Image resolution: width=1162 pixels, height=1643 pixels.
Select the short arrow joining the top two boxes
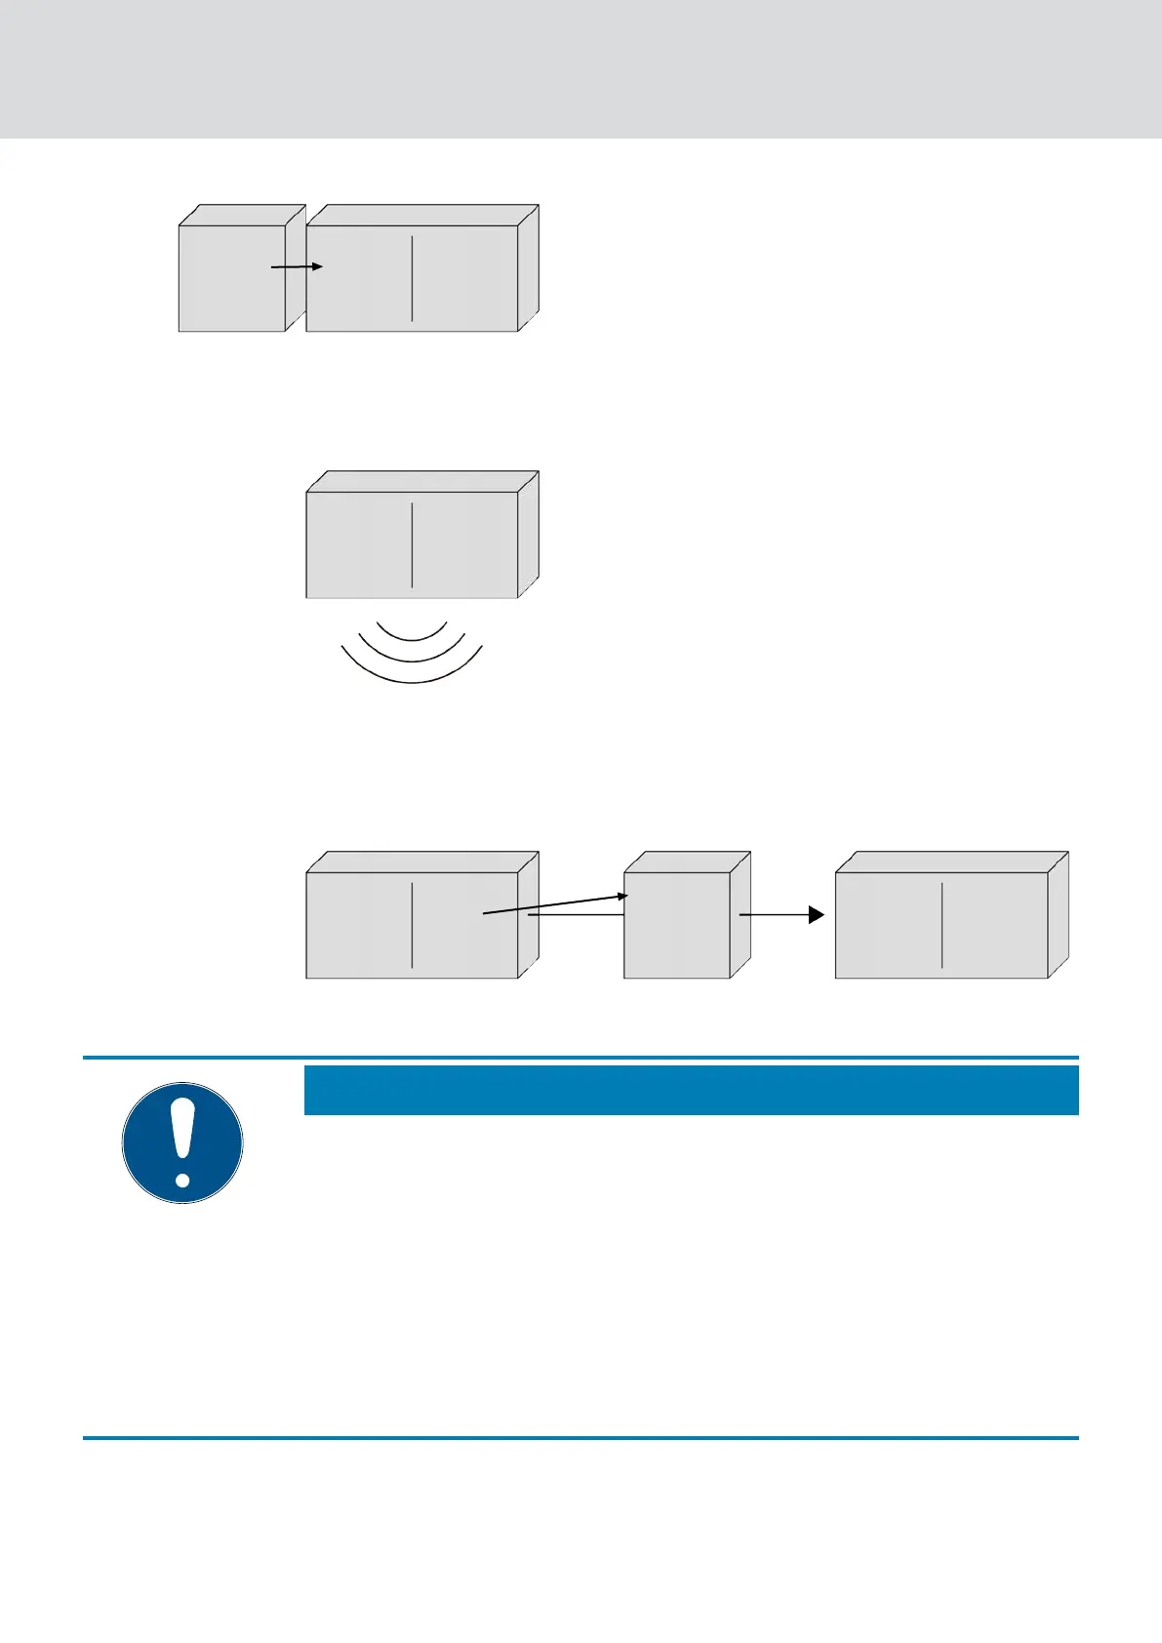(x=296, y=266)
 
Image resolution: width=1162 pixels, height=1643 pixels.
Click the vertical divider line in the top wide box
(x=412, y=277)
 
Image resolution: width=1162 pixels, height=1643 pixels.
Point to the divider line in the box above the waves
(x=412, y=544)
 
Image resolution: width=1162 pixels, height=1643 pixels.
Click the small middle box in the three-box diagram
(x=676, y=925)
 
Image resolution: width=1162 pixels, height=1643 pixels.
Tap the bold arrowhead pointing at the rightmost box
(x=816, y=915)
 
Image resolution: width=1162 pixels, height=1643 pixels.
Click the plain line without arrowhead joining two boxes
(x=576, y=915)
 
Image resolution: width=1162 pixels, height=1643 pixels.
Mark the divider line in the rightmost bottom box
(x=942, y=925)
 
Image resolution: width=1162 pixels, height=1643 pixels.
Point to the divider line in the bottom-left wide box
(x=412, y=925)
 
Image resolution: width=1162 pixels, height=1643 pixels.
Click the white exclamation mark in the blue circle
(x=182, y=1132)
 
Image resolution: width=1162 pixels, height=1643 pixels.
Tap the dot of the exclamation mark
(x=182, y=1179)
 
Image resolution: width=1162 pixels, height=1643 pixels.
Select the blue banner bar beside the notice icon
(x=691, y=1090)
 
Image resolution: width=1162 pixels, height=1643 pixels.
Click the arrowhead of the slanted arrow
(x=622, y=896)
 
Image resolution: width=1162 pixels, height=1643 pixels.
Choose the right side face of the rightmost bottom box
(x=1059, y=915)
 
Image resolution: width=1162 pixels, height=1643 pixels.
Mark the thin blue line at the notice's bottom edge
(x=581, y=1437)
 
